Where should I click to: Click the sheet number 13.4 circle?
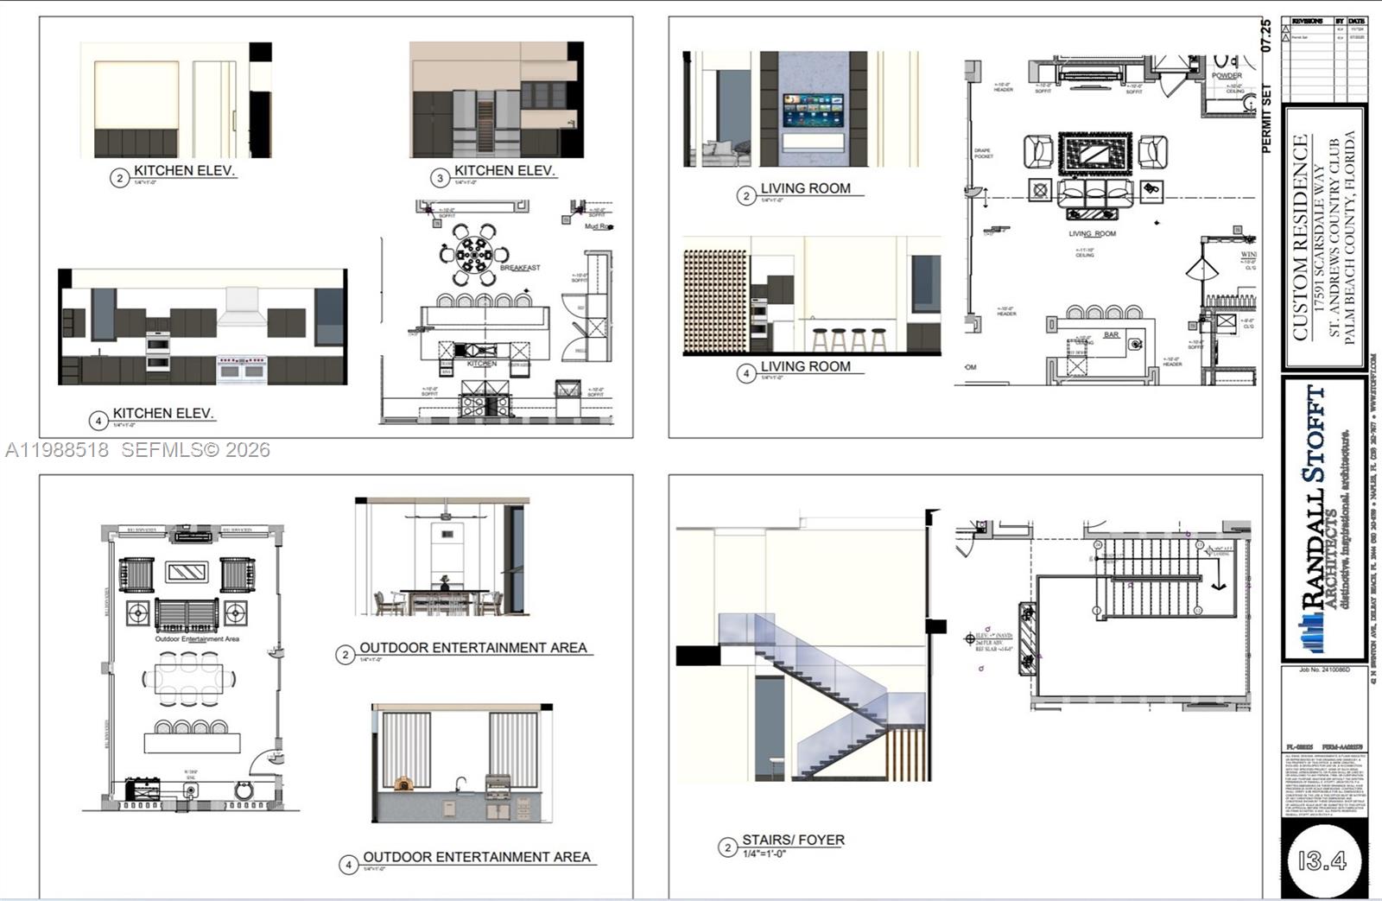tap(1322, 860)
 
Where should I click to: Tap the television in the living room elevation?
tap(813, 109)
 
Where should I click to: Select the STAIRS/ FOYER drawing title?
tap(793, 840)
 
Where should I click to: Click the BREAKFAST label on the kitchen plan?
tap(520, 268)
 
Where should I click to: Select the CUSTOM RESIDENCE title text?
tap(1300, 238)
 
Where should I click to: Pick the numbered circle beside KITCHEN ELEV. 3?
tap(440, 178)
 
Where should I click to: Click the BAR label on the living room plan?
tap(1111, 334)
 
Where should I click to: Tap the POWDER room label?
tap(1227, 76)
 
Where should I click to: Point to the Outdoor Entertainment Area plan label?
tap(197, 639)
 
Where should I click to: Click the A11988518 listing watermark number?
tap(57, 450)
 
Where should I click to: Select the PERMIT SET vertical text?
tap(1267, 118)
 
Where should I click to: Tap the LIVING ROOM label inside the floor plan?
tap(1092, 234)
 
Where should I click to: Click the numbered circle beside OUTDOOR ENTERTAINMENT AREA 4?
tap(348, 864)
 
